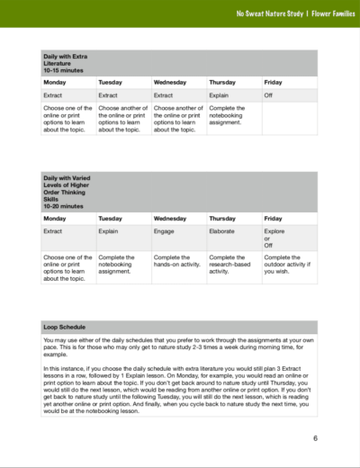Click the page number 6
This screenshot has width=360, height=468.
tap(316, 439)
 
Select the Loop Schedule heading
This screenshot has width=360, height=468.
tap(67, 326)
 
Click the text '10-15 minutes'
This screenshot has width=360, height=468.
tap(62, 69)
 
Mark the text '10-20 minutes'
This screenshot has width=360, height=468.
tap(63, 206)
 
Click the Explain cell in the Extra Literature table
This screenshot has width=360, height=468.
tap(221, 94)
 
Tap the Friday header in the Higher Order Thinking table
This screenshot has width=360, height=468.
tap(273, 219)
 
